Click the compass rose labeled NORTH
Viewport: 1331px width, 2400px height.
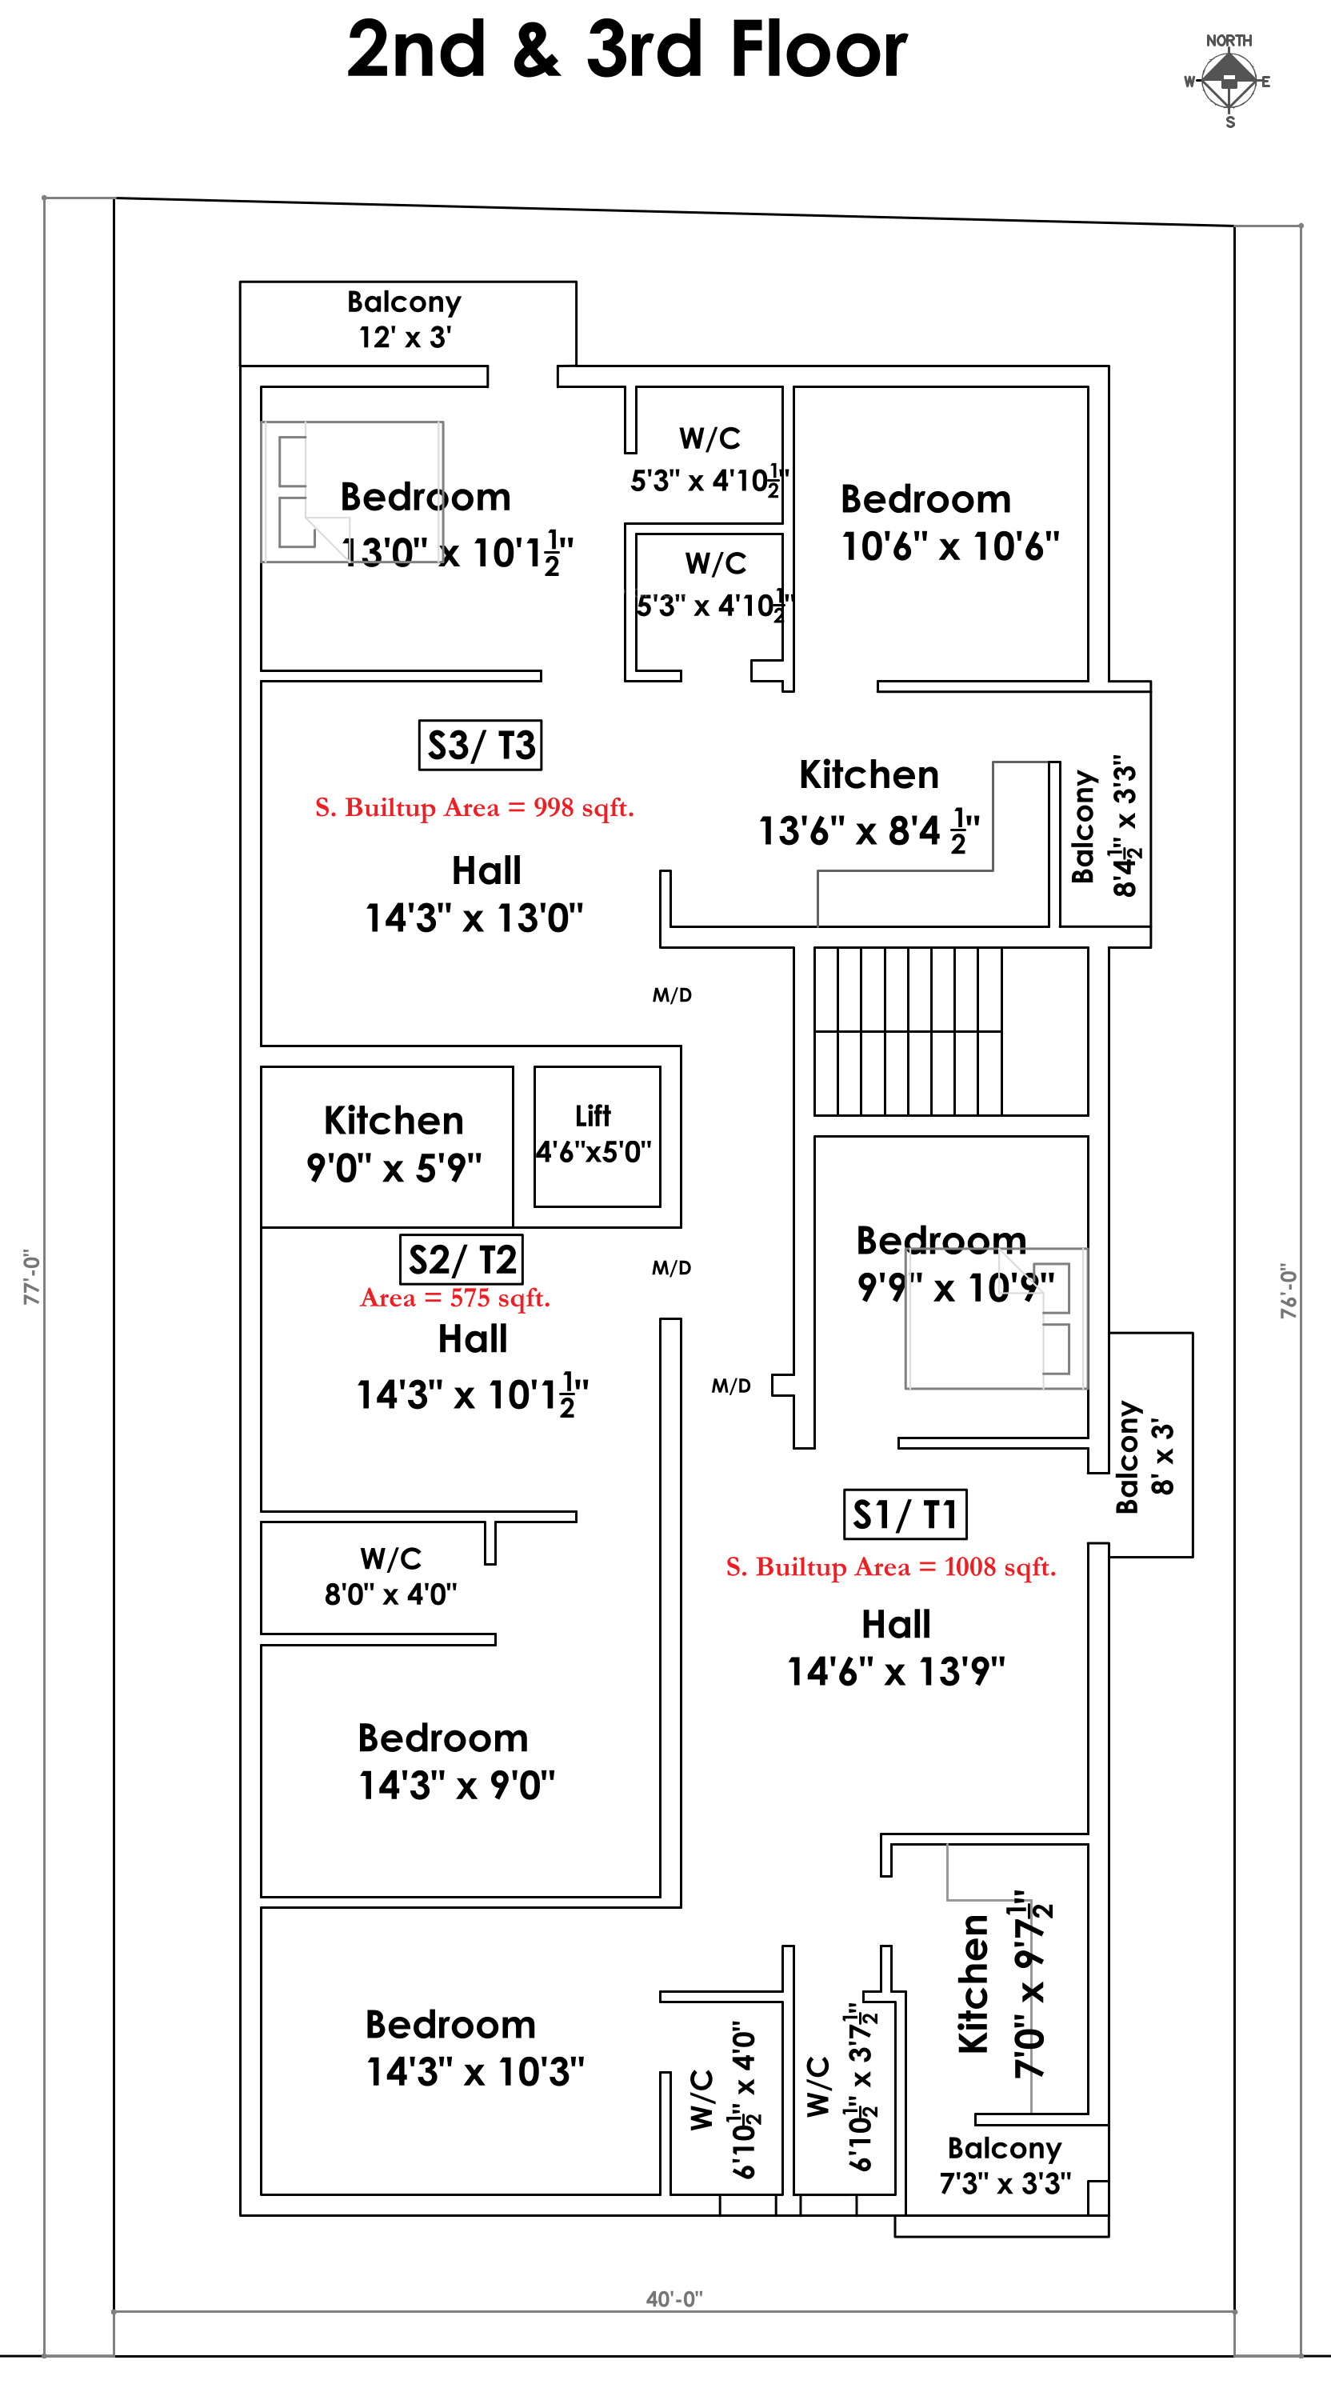click(x=1229, y=81)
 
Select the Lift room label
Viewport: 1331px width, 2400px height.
click(x=594, y=1134)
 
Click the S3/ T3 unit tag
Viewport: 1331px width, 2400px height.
click(x=481, y=746)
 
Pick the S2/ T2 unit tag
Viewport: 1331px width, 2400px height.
click(x=461, y=1260)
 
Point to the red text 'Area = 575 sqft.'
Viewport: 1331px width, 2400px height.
click(x=455, y=1298)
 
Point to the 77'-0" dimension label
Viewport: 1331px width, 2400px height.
click(x=33, y=1278)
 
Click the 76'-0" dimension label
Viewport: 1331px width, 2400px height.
click(x=1288, y=1291)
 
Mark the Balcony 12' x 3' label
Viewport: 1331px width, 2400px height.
click(x=404, y=318)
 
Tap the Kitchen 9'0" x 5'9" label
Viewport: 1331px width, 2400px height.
click(x=394, y=1143)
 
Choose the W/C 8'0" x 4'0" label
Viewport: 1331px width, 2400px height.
click(x=391, y=1575)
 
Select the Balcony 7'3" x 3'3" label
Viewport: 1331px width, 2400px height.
click(x=1005, y=2166)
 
